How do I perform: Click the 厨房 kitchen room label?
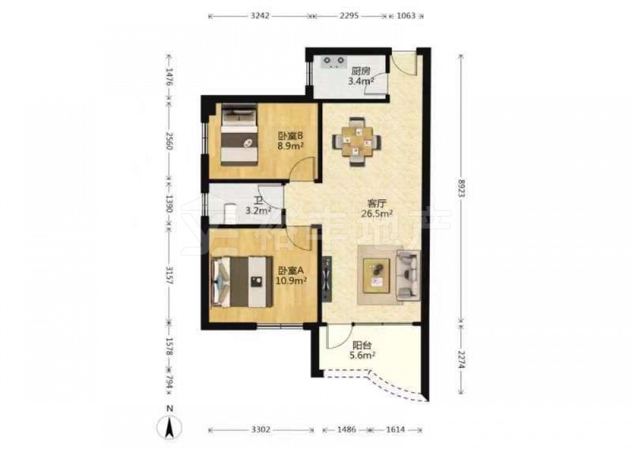coord(361,71)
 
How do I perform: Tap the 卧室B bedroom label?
coord(290,136)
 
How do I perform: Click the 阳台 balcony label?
coord(362,346)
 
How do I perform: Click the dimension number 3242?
coord(260,16)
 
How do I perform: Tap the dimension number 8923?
coord(461,188)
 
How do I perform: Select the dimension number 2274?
coord(461,358)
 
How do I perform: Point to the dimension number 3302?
coord(261,430)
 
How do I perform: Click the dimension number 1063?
coord(406,16)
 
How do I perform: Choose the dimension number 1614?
coord(396,430)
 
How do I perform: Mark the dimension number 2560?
coord(169,141)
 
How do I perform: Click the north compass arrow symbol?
coord(170,426)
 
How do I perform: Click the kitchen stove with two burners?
coord(334,62)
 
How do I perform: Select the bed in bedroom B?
coord(239,134)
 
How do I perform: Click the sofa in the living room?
coord(409,274)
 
